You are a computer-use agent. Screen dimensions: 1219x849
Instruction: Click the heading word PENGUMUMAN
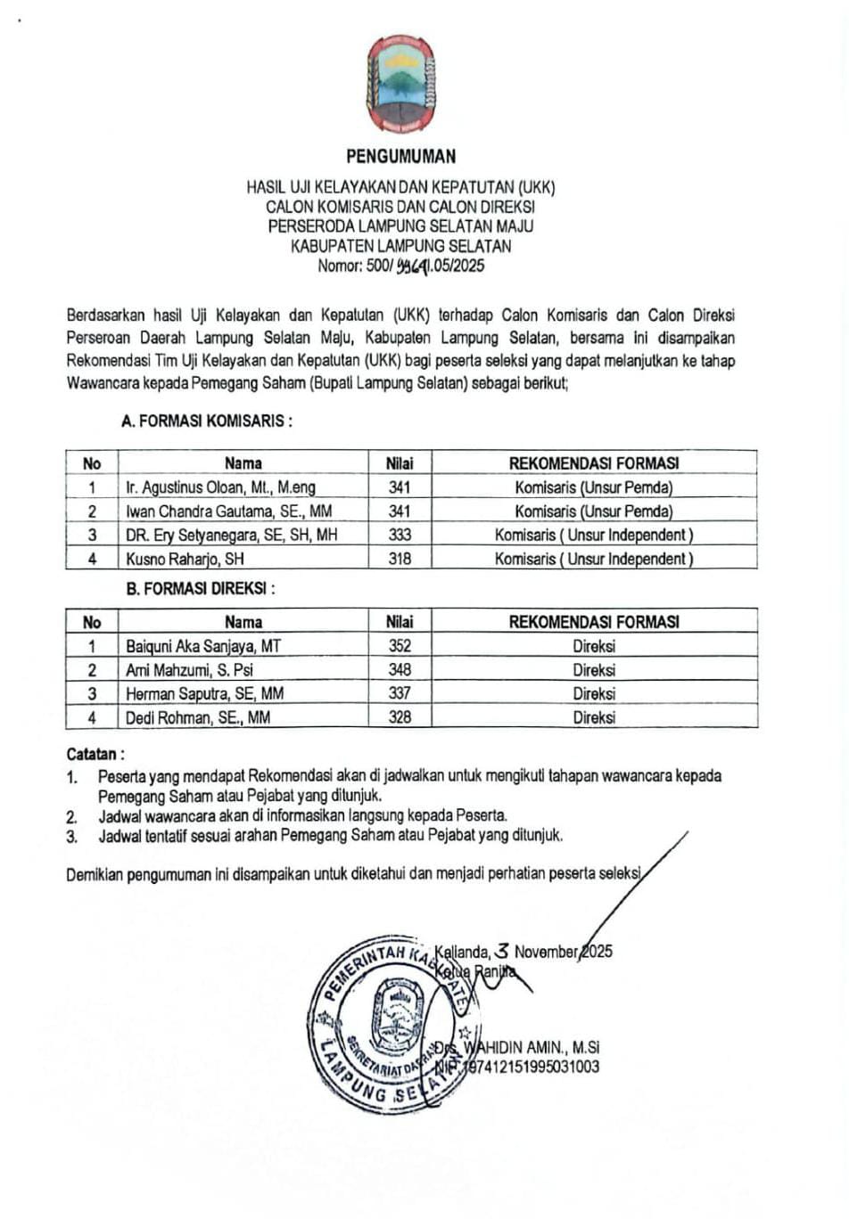coord(400,157)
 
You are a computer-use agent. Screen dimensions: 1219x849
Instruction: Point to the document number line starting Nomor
coord(400,266)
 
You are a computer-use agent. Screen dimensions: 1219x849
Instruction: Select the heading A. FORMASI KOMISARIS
coord(207,421)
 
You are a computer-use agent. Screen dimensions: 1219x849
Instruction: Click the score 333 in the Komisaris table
coord(400,535)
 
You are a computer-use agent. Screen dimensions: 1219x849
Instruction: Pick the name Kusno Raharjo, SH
coord(185,559)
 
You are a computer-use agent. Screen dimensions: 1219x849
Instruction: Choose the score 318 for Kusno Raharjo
coord(400,559)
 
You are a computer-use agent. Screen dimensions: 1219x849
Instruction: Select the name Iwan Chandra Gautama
coord(228,511)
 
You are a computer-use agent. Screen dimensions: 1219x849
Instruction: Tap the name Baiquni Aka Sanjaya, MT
coord(203,646)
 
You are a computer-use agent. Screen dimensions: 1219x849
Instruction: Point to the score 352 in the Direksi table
coord(400,646)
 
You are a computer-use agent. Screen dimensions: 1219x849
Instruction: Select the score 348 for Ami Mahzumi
coord(400,670)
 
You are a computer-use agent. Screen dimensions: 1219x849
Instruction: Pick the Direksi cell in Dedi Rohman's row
coord(594,717)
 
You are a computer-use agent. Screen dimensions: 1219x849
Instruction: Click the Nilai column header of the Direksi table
coord(400,622)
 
